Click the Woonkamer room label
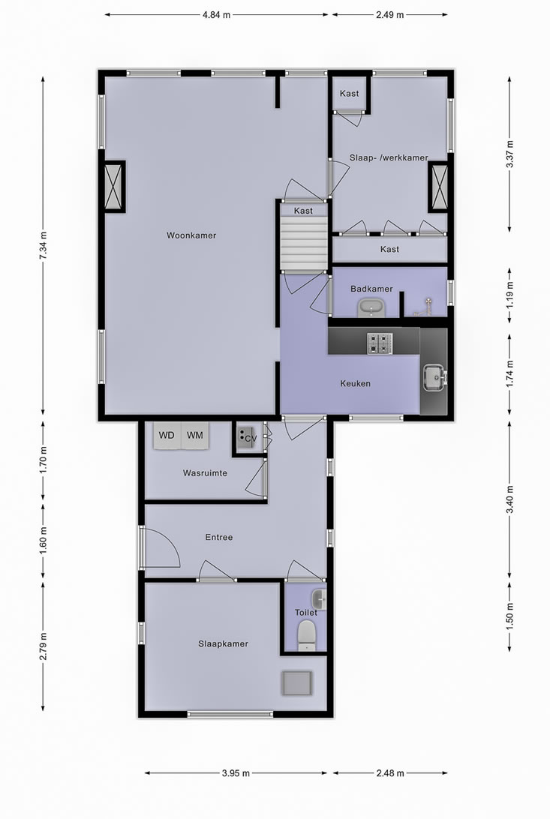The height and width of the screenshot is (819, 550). pyautogui.click(x=191, y=235)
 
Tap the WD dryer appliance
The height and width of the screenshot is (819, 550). pyautogui.click(x=167, y=435)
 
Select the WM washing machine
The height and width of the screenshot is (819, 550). pyautogui.click(x=195, y=435)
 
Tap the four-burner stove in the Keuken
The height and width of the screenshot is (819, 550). pyautogui.click(x=380, y=343)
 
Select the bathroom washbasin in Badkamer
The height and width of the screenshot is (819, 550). pyautogui.click(x=370, y=306)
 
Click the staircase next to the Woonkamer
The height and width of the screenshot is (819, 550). pyautogui.click(x=304, y=243)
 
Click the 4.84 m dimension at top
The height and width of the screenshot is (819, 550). pyautogui.click(x=216, y=14)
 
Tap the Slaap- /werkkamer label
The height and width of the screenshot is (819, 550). pyautogui.click(x=389, y=157)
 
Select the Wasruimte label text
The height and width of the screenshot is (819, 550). pyautogui.click(x=205, y=473)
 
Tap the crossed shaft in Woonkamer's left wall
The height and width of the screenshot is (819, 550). pyautogui.click(x=114, y=187)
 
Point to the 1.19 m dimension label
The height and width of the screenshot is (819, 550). pyautogui.click(x=510, y=286)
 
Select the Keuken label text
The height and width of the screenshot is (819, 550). pyautogui.click(x=356, y=383)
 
